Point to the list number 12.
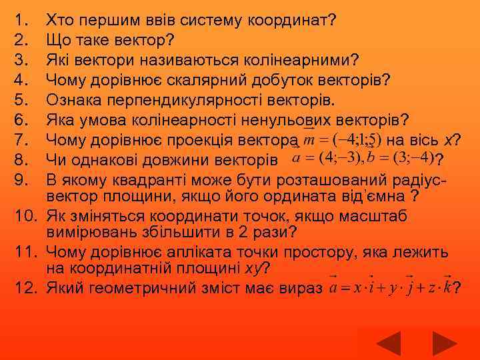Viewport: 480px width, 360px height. click(x=23, y=288)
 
